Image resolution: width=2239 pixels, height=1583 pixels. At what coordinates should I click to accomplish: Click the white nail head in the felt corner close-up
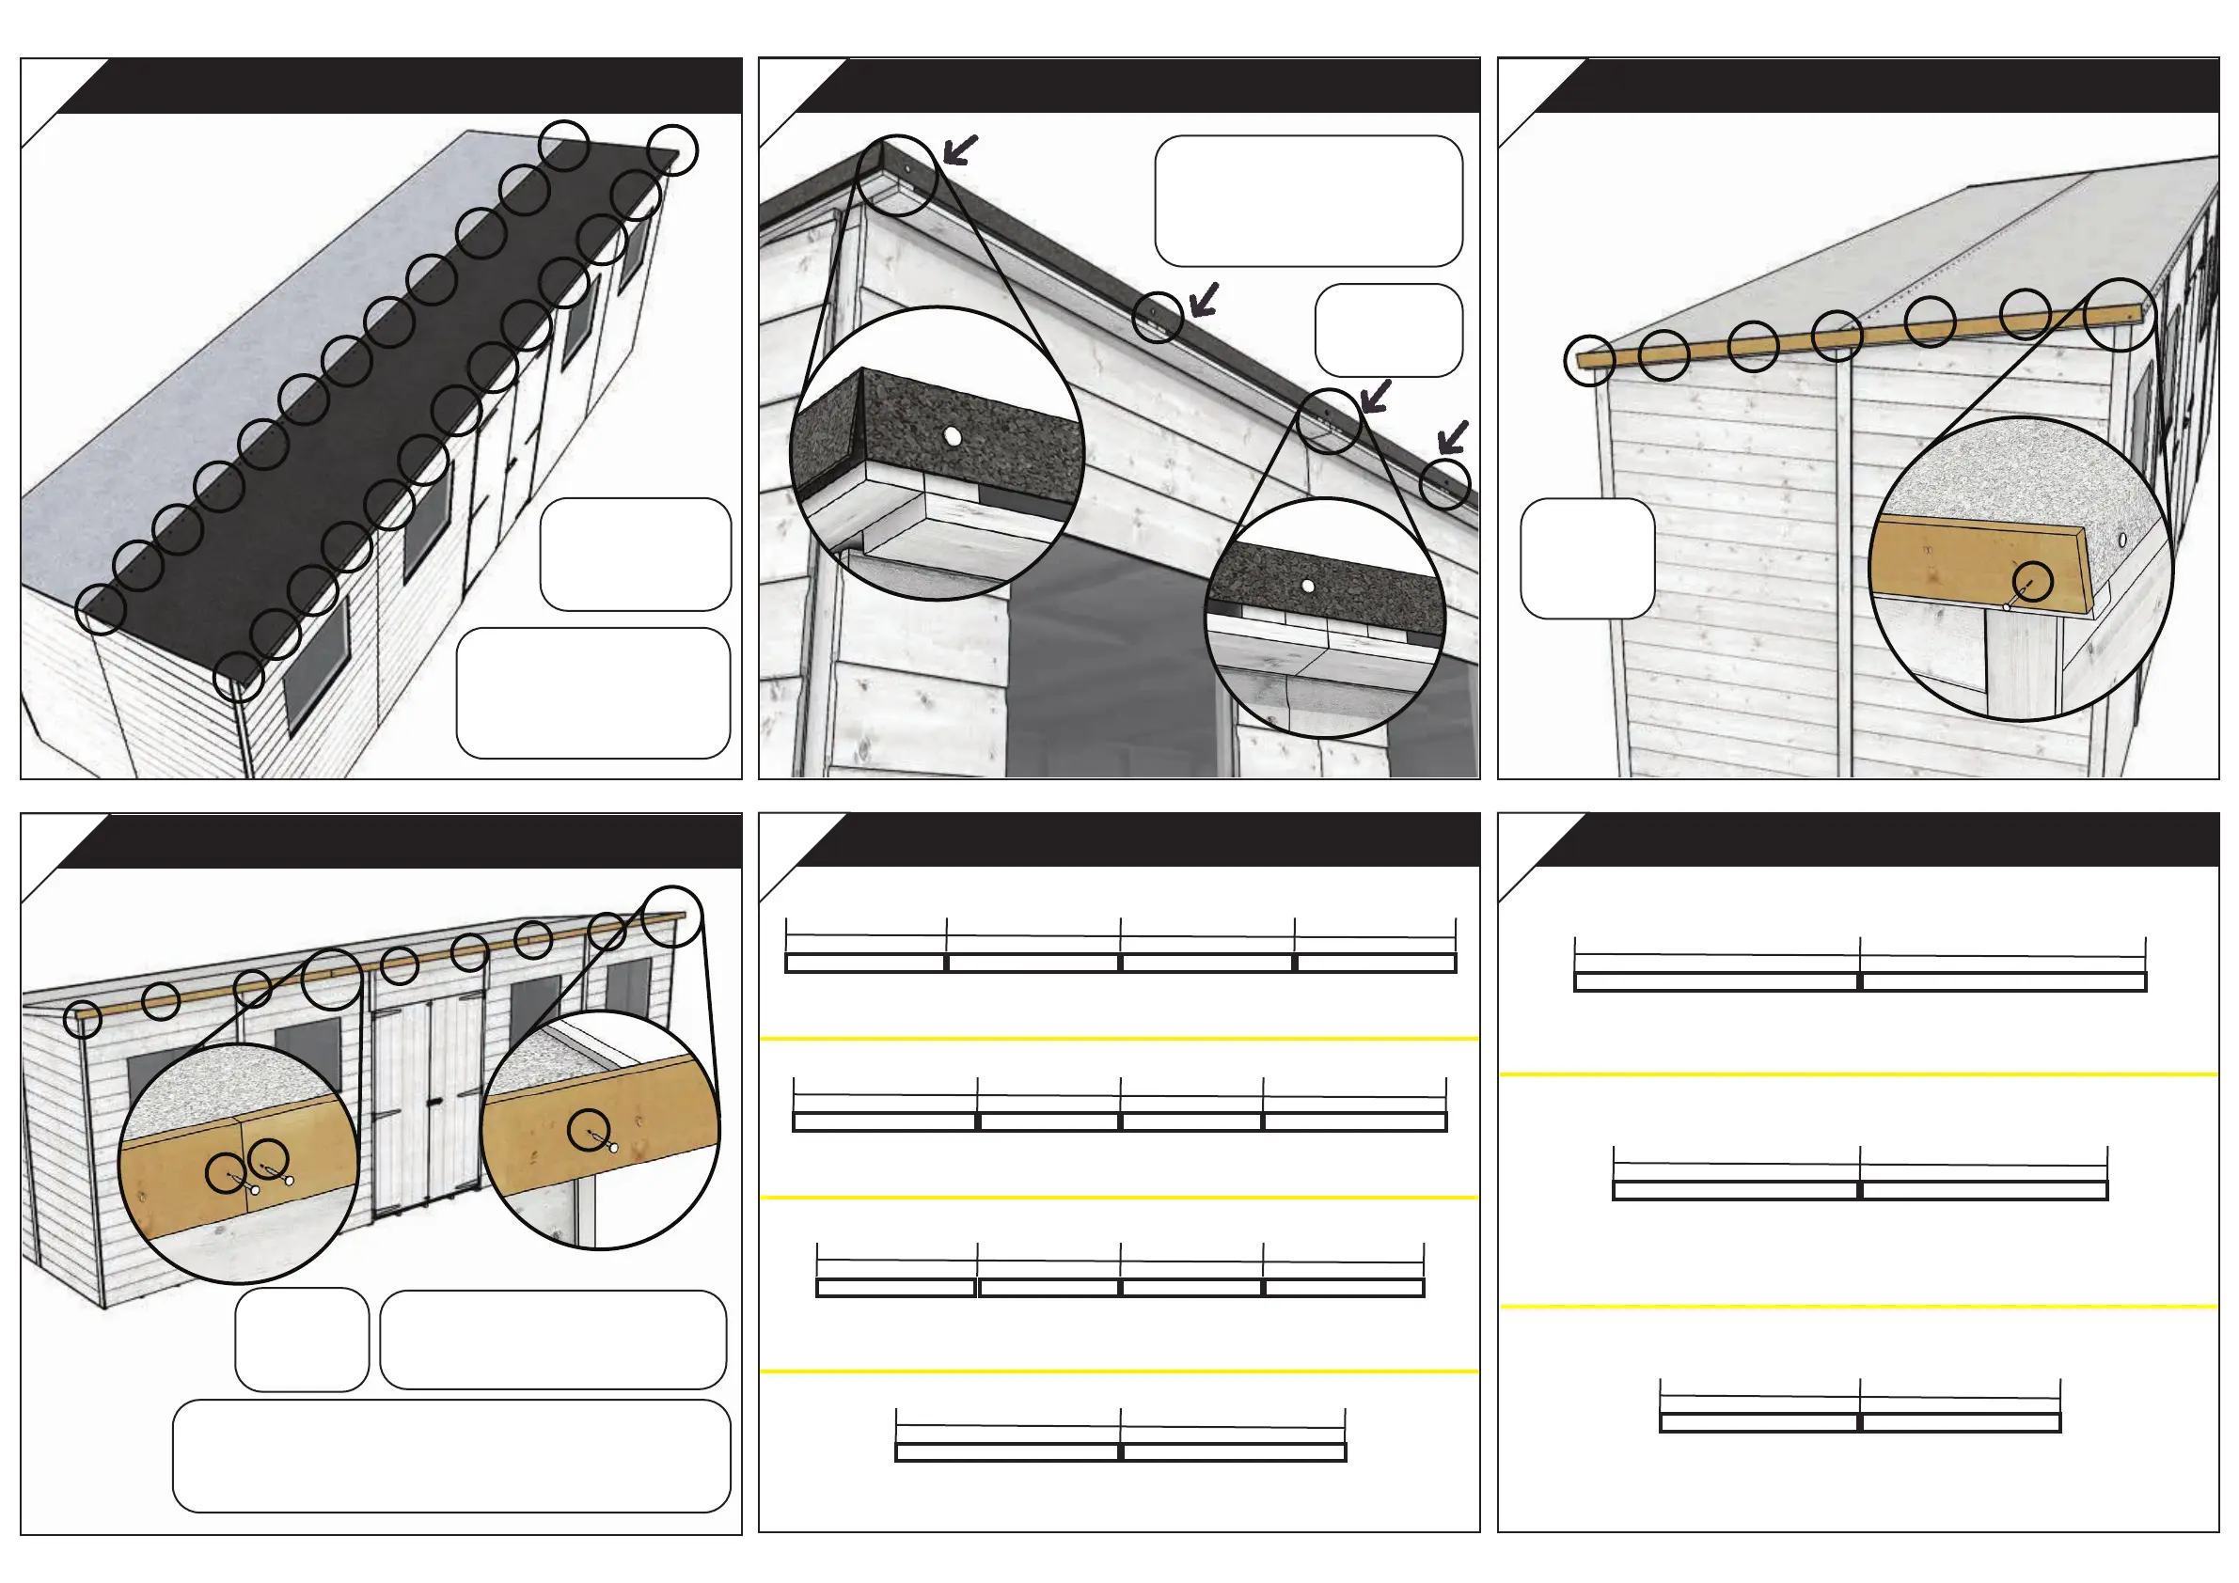coord(953,438)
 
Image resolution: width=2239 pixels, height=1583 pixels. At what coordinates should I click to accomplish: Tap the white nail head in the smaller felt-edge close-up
coord(1308,586)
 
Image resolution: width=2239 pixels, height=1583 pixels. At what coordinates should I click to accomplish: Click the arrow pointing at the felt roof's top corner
coord(959,150)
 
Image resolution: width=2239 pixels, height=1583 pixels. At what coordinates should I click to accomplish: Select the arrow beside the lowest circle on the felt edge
coord(1452,437)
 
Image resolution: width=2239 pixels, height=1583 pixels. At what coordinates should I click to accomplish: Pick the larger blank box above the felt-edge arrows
coord(1308,201)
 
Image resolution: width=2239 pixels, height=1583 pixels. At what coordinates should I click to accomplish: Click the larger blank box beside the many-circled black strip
coord(593,692)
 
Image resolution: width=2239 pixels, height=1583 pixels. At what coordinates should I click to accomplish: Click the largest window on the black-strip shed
coord(315,662)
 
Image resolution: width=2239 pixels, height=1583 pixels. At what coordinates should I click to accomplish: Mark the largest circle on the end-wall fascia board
coord(2119,314)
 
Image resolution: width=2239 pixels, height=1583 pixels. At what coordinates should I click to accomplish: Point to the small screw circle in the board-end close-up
coord(2033,581)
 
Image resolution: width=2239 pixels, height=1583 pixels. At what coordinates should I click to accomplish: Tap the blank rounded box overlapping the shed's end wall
coord(1586,557)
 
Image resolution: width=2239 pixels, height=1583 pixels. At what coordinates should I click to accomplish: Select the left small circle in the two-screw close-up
coord(226,1172)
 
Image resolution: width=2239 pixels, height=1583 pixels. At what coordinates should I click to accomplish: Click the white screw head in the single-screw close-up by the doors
coord(613,1147)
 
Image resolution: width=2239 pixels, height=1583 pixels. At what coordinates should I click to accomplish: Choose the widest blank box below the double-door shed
coord(451,1455)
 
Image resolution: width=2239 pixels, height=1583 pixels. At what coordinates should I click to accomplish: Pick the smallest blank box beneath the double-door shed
coord(301,1339)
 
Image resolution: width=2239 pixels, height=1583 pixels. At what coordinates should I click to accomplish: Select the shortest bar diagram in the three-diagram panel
coord(1860,1422)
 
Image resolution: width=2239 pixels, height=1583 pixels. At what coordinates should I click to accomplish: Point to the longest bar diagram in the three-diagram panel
coord(1860,981)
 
